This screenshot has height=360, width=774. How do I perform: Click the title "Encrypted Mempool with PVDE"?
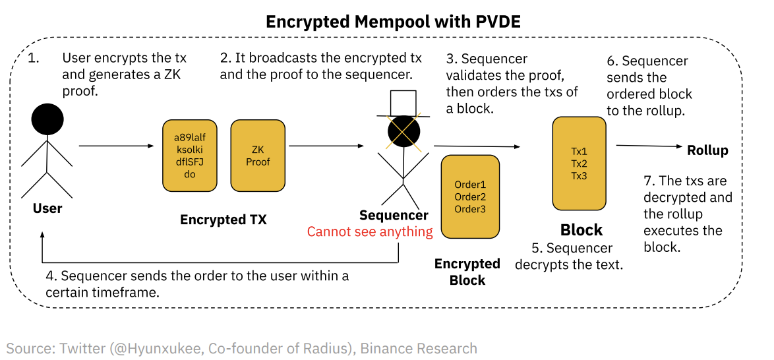(393, 22)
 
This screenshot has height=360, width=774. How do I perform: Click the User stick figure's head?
(47, 119)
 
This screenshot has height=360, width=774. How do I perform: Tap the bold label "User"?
(47, 208)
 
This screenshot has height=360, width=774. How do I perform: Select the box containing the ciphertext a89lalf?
(190, 156)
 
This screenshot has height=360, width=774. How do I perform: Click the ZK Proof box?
(256, 156)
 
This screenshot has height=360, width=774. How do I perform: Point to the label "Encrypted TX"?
(223, 220)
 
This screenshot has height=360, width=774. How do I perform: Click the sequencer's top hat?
(403, 102)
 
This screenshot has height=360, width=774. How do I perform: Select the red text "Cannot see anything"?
(370, 232)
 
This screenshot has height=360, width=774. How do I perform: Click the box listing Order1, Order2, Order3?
(470, 196)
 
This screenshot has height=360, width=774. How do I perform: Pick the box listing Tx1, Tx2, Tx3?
(579, 163)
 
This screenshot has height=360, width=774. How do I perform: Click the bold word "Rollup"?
(707, 150)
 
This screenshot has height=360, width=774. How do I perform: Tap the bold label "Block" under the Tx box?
(581, 230)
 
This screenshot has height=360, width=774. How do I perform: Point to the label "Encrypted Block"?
(467, 272)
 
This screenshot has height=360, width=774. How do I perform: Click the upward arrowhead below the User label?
(42, 236)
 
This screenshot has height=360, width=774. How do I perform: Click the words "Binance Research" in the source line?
(418, 348)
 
